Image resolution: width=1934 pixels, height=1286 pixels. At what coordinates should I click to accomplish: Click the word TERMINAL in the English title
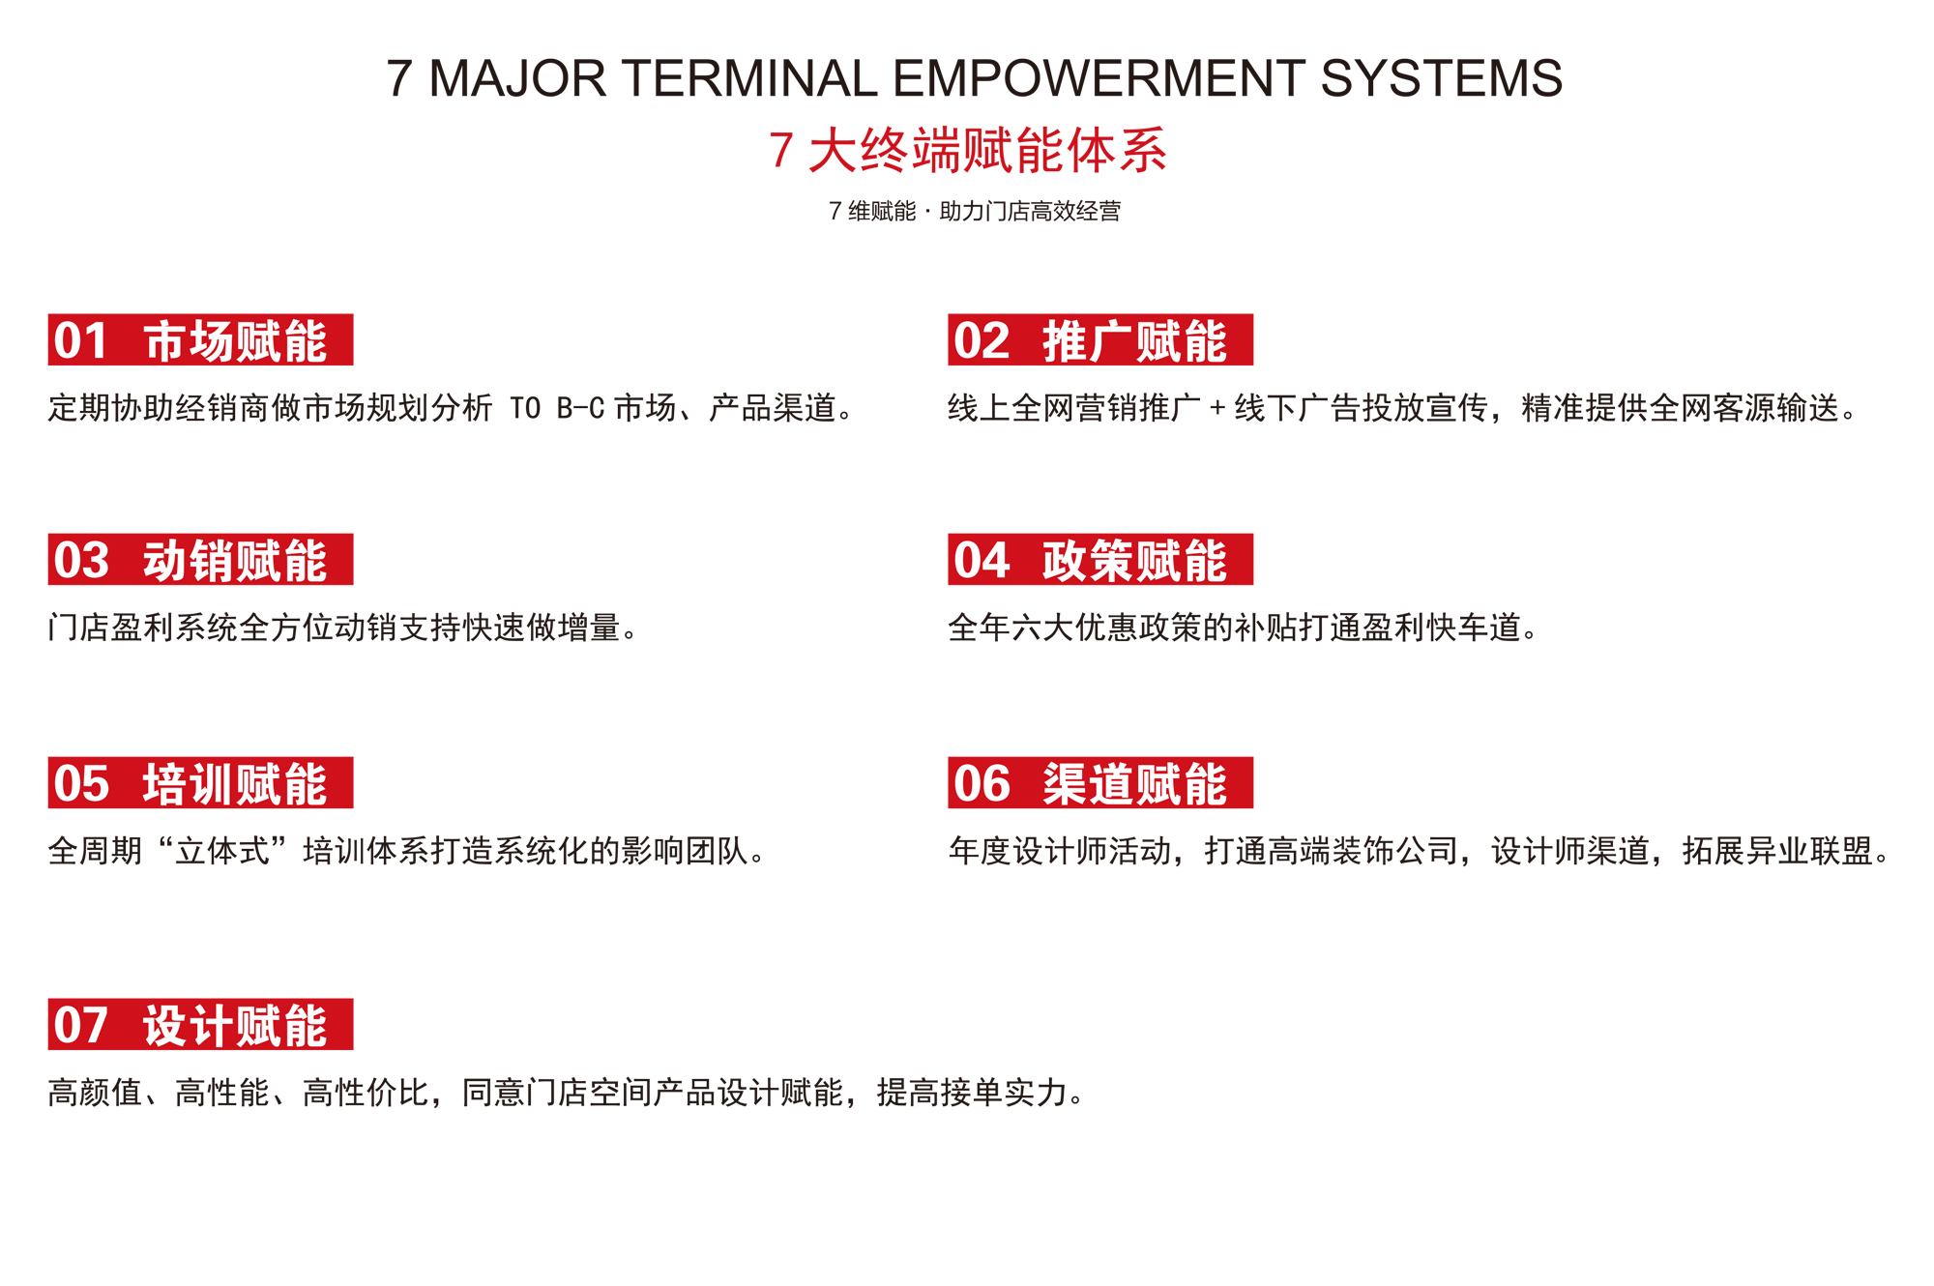click(750, 78)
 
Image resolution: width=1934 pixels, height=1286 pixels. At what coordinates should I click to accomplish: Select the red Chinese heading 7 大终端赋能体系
click(968, 151)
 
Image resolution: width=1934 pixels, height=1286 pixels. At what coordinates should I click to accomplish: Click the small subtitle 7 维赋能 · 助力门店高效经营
click(975, 211)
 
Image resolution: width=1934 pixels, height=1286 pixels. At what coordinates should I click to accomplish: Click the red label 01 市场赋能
click(200, 339)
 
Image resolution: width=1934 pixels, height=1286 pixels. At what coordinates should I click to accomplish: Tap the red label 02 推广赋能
click(1100, 339)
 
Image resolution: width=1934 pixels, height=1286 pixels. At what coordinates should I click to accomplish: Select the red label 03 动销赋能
click(200, 559)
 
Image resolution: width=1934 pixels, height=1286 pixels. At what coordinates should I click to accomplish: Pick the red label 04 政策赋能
click(1100, 559)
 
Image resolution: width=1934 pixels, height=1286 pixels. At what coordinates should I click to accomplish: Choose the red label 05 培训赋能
click(200, 782)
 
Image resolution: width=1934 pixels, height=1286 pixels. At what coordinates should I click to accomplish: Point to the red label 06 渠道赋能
click(1100, 782)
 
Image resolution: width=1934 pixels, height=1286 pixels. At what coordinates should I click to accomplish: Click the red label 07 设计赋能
click(200, 1024)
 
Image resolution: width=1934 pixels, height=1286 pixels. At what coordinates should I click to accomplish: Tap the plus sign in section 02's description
click(1217, 409)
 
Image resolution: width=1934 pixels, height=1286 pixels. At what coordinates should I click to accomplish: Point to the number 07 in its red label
click(80, 1025)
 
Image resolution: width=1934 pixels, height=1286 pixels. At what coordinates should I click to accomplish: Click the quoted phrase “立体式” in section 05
click(222, 851)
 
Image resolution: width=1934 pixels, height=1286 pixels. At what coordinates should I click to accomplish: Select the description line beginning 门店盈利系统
click(343, 628)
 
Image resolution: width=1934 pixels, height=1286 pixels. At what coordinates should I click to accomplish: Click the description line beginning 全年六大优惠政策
click(1243, 628)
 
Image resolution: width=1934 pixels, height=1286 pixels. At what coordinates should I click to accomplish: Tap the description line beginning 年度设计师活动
click(1420, 851)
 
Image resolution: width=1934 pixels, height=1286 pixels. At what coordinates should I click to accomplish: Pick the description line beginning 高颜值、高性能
click(567, 1093)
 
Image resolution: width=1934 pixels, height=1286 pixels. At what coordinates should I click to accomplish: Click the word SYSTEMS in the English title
click(1441, 78)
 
